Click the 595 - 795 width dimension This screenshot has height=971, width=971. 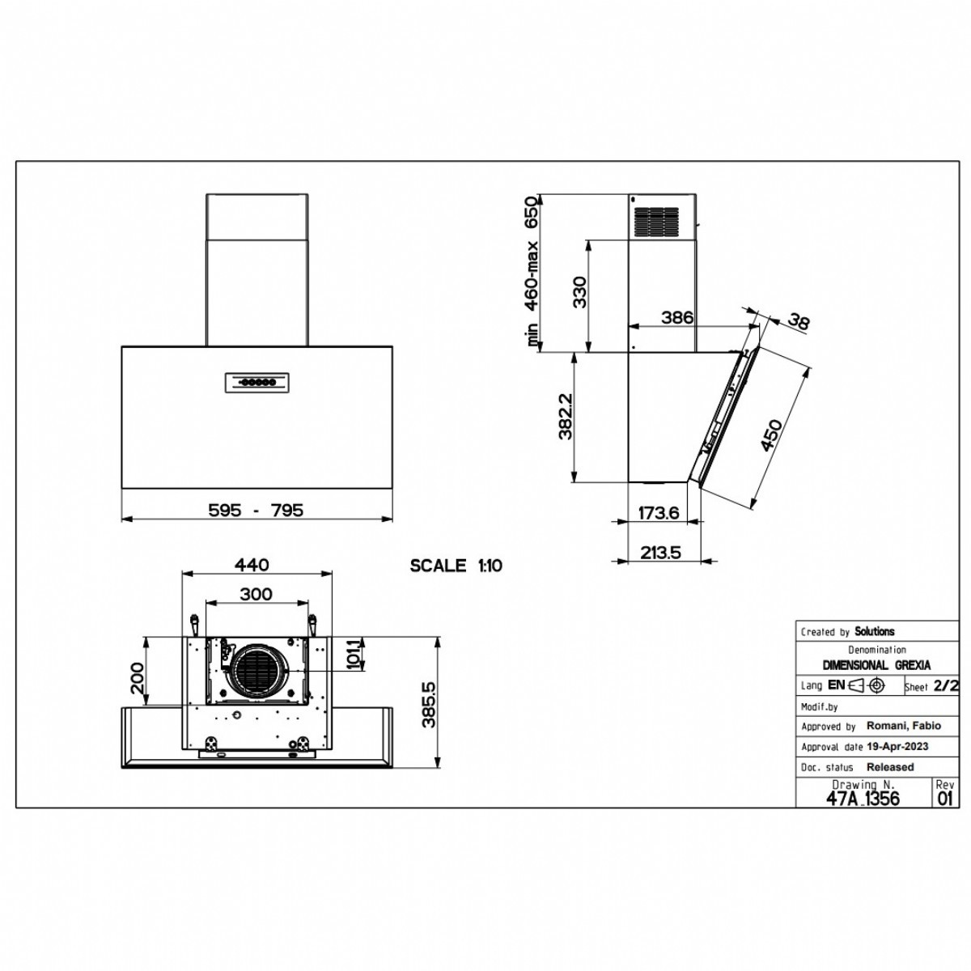pos(256,510)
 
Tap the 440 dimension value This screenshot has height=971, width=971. pos(252,565)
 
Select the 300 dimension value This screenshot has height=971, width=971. pos(256,594)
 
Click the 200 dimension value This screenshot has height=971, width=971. pos(137,678)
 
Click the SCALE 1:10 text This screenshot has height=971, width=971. pos(456,566)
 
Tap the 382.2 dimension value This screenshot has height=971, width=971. pos(566,416)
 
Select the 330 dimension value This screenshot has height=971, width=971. pos(580,292)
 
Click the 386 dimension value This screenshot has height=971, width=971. pos(677,317)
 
